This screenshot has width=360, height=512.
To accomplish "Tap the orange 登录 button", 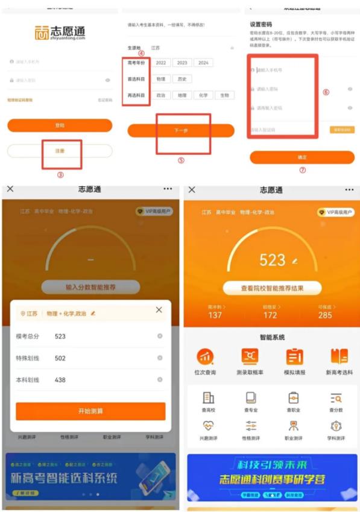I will tap(60, 125).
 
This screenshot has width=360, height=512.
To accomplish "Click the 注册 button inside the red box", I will tap(60, 151).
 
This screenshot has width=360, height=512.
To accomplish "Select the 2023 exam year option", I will tap(182, 63).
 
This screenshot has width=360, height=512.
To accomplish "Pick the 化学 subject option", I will tap(203, 95).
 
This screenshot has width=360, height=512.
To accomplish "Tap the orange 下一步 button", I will tap(181, 130).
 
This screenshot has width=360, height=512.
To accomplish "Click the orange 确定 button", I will tap(302, 157).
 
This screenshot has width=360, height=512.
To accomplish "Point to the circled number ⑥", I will tap(326, 92).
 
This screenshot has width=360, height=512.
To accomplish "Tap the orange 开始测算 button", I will tap(90, 411).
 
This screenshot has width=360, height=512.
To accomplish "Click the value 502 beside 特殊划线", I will tap(60, 358).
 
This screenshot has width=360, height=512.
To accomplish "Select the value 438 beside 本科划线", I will tap(60, 380).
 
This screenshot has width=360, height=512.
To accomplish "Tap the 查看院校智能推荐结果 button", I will tap(272, 288).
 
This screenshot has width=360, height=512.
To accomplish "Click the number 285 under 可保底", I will tap(325, 315).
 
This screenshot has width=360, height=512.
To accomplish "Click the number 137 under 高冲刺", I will tap(215, 315).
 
